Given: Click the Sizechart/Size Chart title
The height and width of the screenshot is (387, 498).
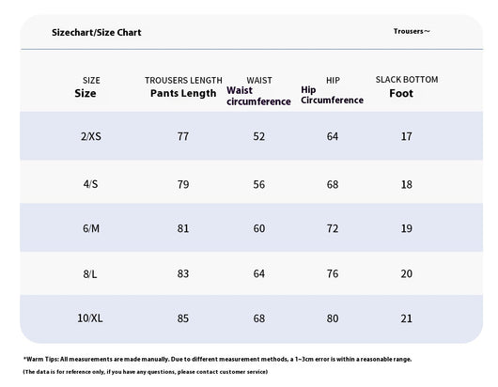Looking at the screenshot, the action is (96, 32).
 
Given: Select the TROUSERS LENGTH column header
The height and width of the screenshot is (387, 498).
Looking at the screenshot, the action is (183, 81).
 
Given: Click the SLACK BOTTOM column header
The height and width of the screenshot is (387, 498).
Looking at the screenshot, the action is (407, 79).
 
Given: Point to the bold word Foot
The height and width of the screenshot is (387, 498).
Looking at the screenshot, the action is (401, 93).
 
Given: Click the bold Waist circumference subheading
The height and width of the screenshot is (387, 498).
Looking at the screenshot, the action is (258, 96).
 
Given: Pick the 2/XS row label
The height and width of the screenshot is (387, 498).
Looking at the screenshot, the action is (91, 136).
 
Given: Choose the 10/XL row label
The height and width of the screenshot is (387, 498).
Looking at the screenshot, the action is (90, 318).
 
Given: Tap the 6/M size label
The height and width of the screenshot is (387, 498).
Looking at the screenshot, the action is (91, 228).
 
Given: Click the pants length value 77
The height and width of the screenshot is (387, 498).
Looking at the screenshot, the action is (183, 136).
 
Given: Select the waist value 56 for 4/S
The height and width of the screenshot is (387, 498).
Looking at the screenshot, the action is (258, 184).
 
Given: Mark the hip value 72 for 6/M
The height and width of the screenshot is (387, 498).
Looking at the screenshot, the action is (333, 228).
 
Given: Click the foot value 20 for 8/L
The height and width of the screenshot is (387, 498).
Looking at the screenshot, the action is (406, 273).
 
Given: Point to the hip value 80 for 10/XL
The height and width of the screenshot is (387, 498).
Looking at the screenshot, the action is (333, 318).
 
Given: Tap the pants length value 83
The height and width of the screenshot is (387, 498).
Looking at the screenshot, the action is (183, 273).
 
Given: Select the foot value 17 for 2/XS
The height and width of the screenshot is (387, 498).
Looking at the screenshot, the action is (406, 136).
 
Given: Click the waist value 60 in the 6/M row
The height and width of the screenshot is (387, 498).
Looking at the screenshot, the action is (258, 228).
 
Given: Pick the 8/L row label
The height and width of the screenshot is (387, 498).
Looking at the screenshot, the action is (90, 273).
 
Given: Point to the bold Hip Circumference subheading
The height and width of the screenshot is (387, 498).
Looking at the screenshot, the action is (333, 95).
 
